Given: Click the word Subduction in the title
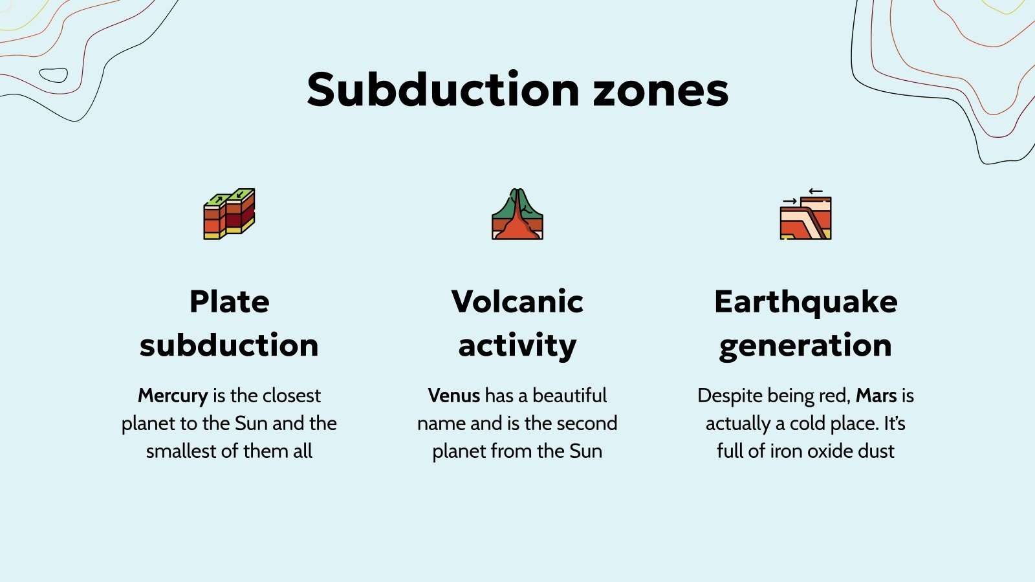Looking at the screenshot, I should point(443,90).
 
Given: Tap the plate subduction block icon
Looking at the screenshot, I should point(229,214).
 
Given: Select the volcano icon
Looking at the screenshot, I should point(517,214).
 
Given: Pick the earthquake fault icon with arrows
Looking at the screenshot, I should point(805,215).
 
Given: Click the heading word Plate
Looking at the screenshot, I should point(229,302).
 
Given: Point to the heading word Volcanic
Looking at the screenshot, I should point(517,302).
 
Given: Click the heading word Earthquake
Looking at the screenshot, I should point(805,302).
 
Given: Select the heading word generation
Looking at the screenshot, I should point(805,345).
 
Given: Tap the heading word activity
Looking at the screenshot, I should point(517,345).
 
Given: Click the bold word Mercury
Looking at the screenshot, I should point(173,396).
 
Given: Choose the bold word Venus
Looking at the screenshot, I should point(454,396).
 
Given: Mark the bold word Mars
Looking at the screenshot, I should point(876,396).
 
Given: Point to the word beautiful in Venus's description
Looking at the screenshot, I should point(570,396).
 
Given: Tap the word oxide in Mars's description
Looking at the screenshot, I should point(830,451).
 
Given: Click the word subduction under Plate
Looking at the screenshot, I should point(229,345).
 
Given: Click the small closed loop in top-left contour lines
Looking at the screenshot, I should point(54,75).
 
